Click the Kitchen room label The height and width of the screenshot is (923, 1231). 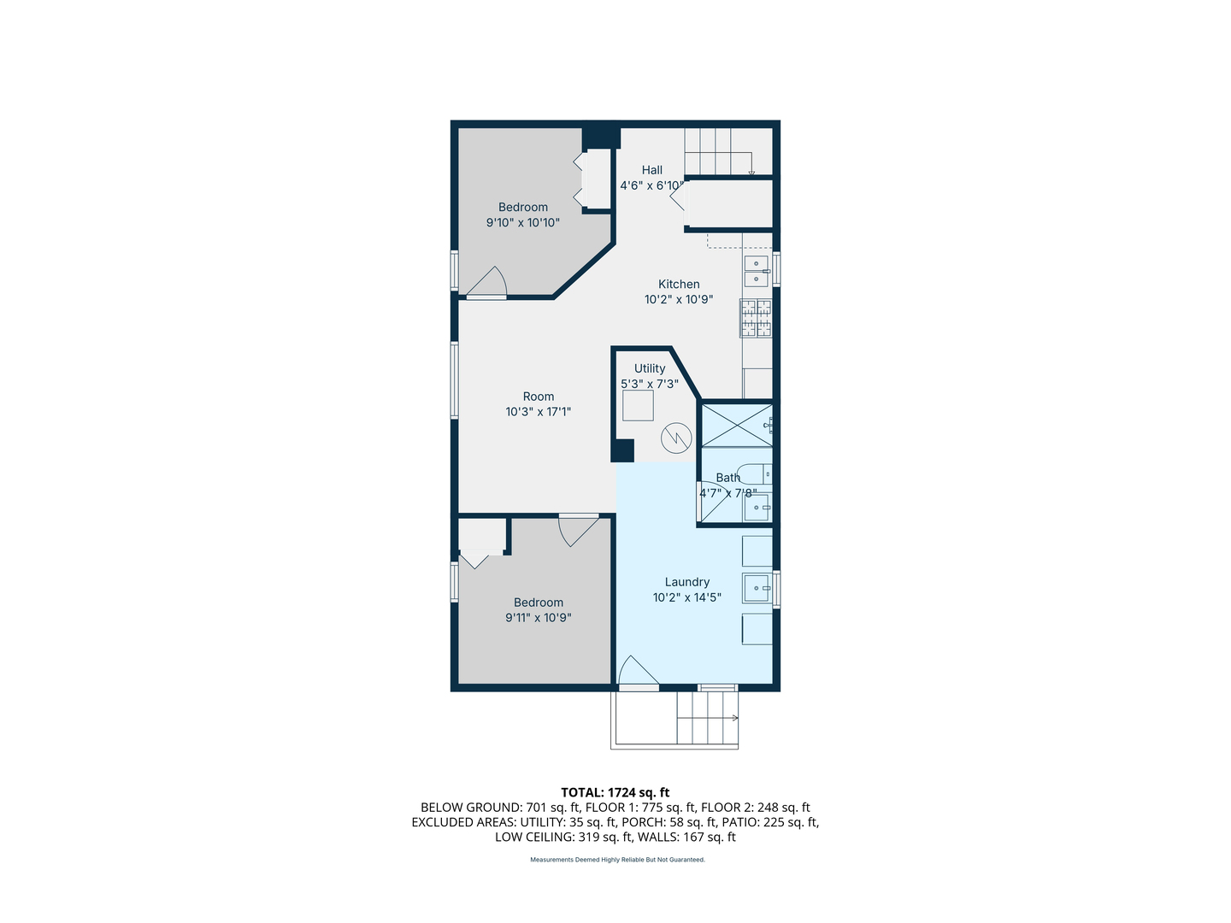click(x=679, y=285)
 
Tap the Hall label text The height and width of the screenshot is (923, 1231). click(x=652, y=170)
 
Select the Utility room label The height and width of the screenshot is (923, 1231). click(x=650, y=368)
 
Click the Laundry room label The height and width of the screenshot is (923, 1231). click(x=687, y=582)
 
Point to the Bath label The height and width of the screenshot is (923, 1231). click(x=727, y=478)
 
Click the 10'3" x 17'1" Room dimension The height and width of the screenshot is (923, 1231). click(x=538, y=412)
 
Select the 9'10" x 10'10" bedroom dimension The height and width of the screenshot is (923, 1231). click(x=522, y=223)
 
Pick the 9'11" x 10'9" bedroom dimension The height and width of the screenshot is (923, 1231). click(x=538, y=618)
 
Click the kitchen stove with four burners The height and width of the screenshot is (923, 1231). click(x=756, y=319)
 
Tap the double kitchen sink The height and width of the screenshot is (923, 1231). click(x=757, y=272)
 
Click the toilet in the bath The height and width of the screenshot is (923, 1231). click(x=755, y=473)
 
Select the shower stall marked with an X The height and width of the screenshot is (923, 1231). click(x=736, y=425)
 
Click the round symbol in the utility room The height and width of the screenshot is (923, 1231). click(x=676, y=439)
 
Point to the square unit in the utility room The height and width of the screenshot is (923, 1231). click(x=638, y=405)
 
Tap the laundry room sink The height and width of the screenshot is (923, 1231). click(x=757, y=588)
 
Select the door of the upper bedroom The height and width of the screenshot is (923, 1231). click(x=488, y=284)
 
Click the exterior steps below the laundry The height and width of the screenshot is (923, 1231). click(x=707, y=718)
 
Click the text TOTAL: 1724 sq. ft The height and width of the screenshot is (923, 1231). click(x=615, y=792)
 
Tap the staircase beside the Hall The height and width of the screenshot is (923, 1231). click(x=718, y=151)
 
